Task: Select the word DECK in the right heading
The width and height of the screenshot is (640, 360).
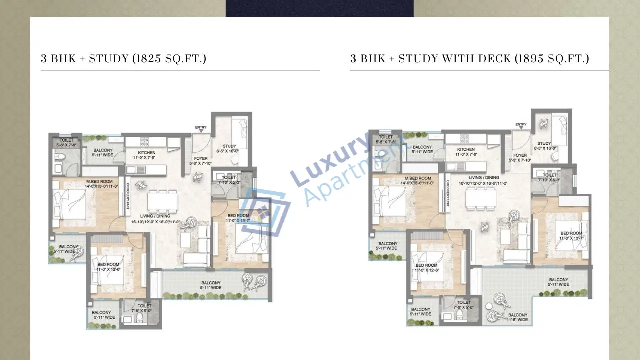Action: [x=497, y=59]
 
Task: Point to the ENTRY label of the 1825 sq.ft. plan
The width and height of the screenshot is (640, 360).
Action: [x=201, y=128]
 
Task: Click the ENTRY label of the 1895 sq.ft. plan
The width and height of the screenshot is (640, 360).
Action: [x=521, y=125]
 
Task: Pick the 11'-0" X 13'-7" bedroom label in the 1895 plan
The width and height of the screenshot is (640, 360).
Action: [x=570, y=236]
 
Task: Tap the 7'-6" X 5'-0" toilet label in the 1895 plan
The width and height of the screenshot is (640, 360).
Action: [x=463, y=305]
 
